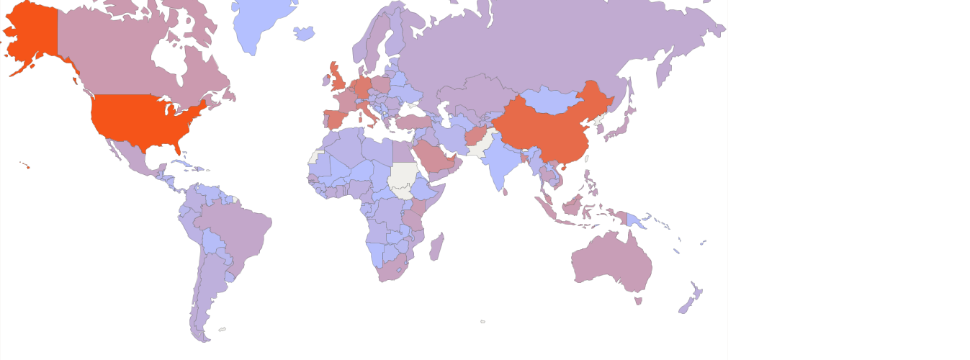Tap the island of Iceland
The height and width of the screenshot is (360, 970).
pos(305,33)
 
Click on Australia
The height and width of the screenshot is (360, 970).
pos(612,259)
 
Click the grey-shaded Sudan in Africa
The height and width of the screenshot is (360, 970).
pos(405,178)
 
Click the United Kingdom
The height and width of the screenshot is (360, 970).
pos(338,78)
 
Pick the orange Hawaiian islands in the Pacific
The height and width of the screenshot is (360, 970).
pos(27,166)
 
